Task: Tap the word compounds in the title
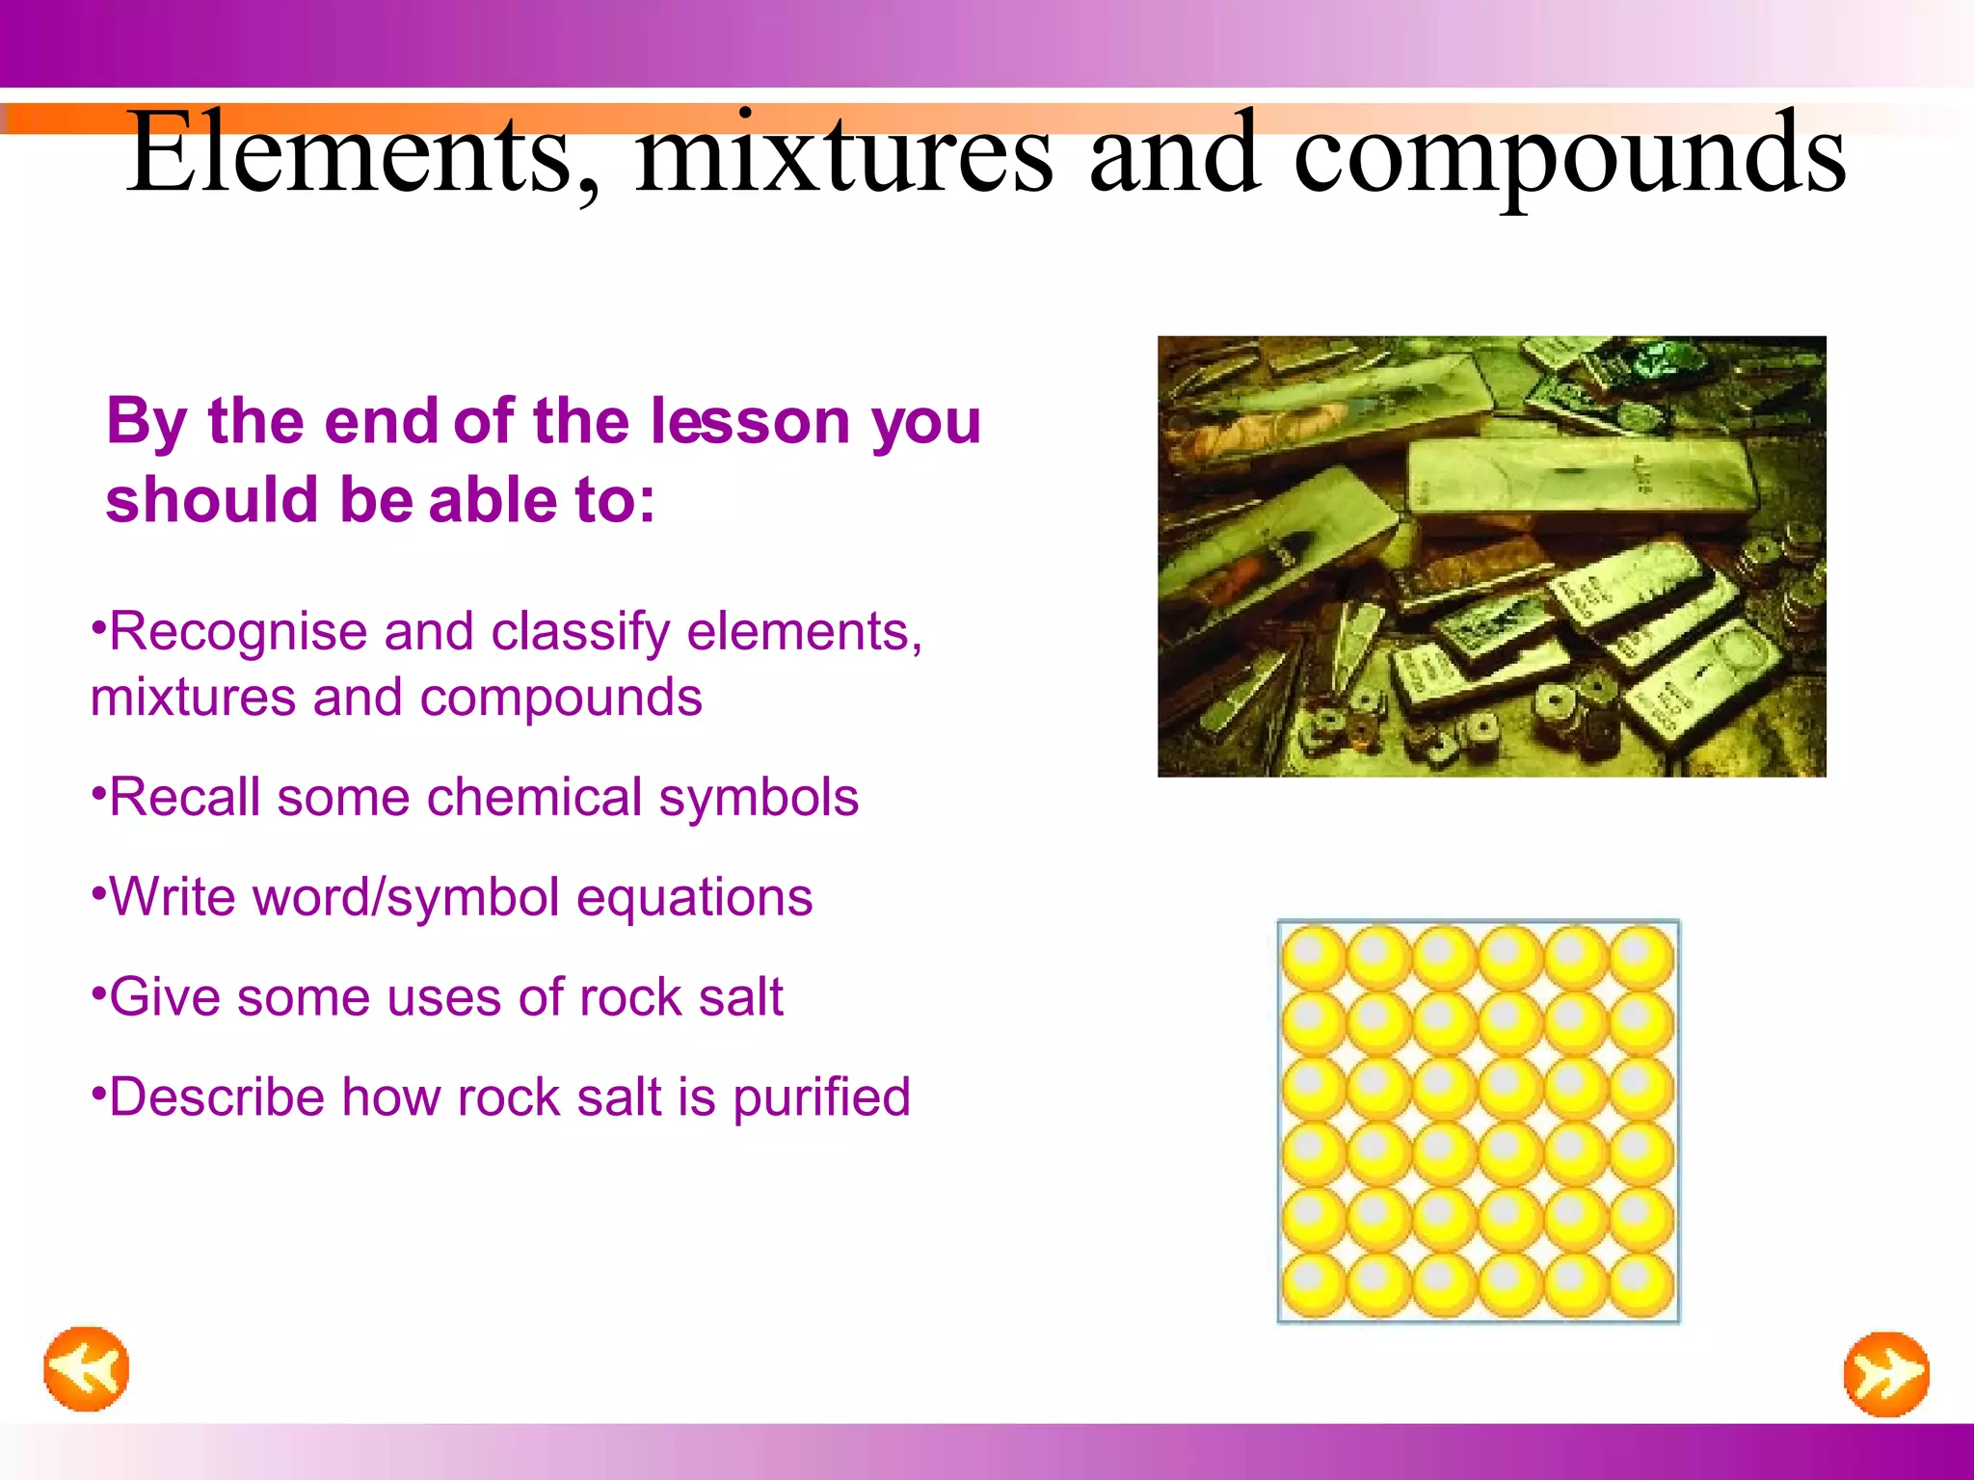coord(1569,154)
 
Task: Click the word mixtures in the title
coord(843,154)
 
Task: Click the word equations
coord(694,897)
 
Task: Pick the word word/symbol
coord(405,897)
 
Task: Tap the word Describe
coord(217,1097)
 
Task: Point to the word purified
coord(821,1098)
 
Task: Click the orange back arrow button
coord(86,1368)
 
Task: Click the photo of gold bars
coord(1491,556)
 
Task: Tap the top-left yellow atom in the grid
coord(1314,957)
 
